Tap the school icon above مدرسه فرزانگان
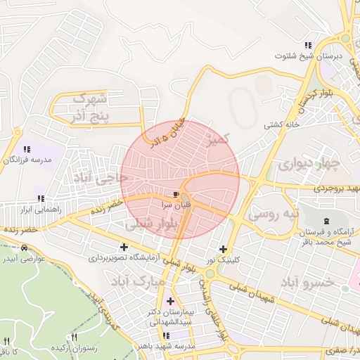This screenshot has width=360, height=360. [x=27, y=149]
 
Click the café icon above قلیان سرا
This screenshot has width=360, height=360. [x=175, y=193]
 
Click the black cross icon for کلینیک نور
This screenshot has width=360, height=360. [x=224, y=249]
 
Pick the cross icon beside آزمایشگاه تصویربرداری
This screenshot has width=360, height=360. [x=124, y=247]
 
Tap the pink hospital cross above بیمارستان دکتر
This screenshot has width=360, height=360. [x=170, y=301]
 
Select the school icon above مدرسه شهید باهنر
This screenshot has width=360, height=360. [x=167, y=336]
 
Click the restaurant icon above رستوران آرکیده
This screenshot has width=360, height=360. [x=75, y=338]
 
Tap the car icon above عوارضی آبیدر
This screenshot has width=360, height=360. [x=25, y=248]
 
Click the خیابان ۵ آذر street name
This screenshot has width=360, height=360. [x=166, y=133]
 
